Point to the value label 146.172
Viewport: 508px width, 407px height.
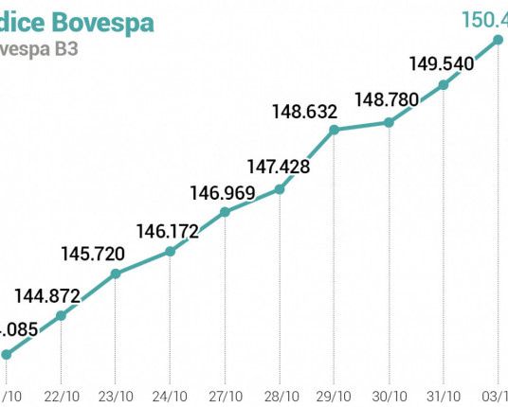(168, 230)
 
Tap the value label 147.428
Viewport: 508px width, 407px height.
(280, 167)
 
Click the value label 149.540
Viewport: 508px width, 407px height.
(443, 63)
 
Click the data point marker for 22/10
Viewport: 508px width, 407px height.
(61, 315)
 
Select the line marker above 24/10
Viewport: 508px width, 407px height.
(170, 251)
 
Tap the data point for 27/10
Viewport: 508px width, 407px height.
(225, 212)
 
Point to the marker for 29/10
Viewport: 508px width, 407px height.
(335, 129)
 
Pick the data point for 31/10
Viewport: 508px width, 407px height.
(444, 85)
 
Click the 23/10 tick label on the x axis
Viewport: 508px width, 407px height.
(115, 395)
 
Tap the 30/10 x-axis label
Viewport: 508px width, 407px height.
(389, 395)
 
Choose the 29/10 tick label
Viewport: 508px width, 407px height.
(335, 395)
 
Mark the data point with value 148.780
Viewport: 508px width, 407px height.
(389, 122)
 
